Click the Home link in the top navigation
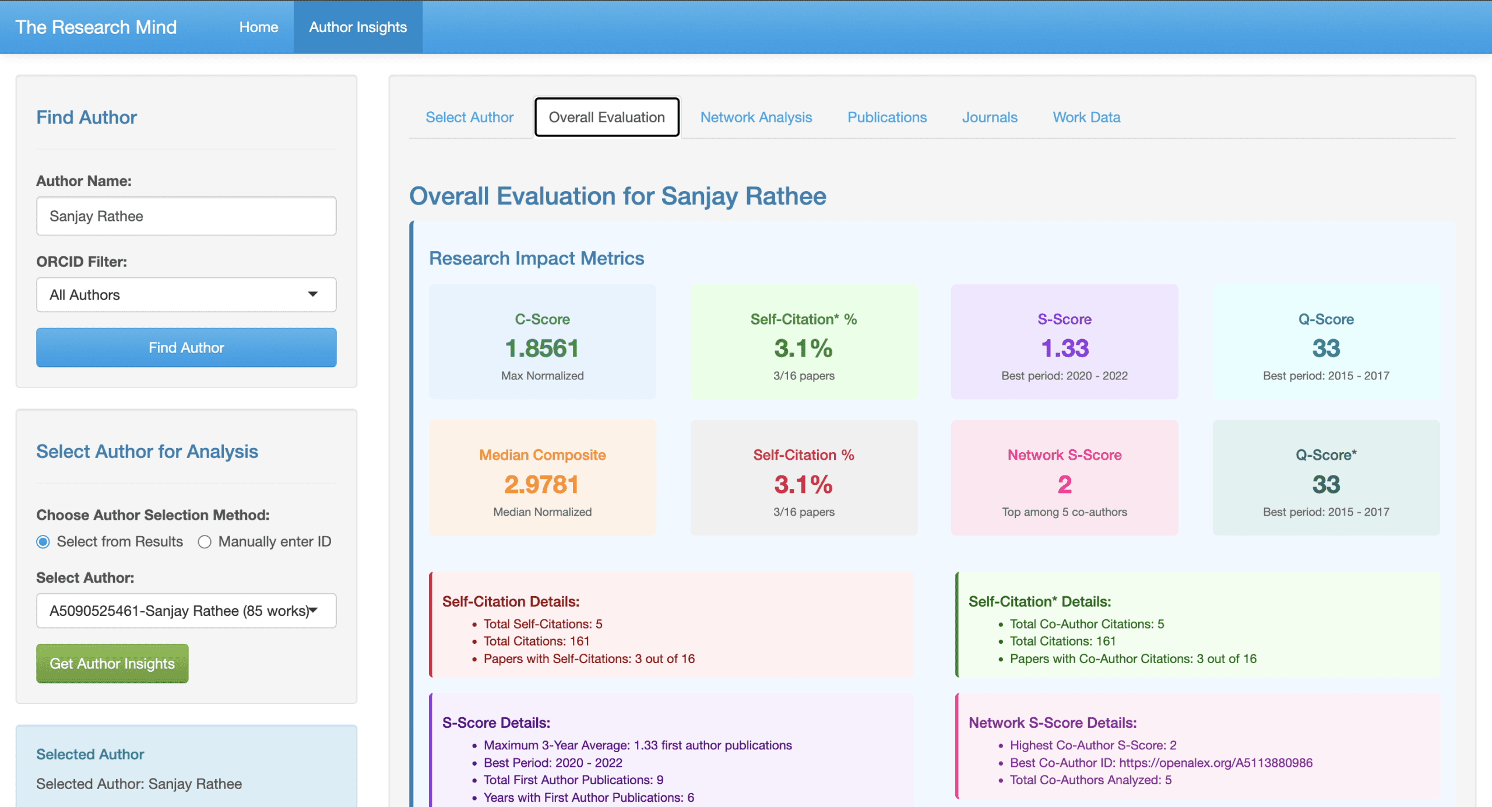click(258, 27)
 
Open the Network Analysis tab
click(756, 117)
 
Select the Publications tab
click(886, 117)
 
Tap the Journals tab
click(989, 117)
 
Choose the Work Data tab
click(1086, 117)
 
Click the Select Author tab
click(469, 117)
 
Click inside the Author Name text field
click(186, 216)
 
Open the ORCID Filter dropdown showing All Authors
click(186, 295)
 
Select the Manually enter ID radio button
click(205, 542)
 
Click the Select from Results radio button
click(43, 542)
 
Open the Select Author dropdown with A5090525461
click(186, 611)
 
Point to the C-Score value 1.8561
click(542, 348)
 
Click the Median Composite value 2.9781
click(542, 484)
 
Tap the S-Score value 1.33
click(1064, 348)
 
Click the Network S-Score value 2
click(1064, 484)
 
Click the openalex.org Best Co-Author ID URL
click(1215, 763)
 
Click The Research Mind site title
click(96, 27)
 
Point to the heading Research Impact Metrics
click(536, 258)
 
